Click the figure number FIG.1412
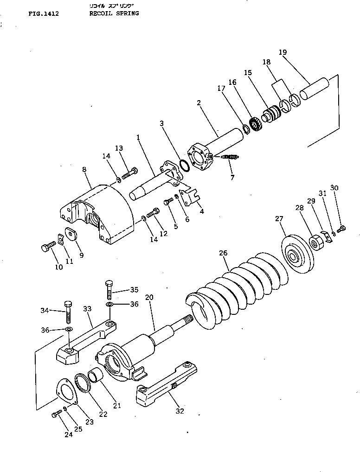[43, 14]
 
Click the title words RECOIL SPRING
[114, 14]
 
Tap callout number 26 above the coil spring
[223, 254]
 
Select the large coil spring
[237, 287]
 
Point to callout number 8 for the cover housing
[84, 170]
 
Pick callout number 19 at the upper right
[283, 52]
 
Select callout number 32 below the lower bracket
[180, 411]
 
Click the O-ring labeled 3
[183, 166]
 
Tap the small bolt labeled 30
[342, 228]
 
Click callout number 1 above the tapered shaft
[138, 137]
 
